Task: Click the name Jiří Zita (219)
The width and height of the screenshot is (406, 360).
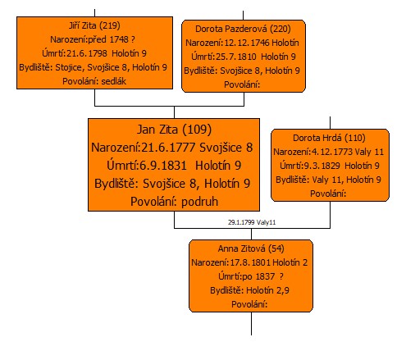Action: [x=94, y=25]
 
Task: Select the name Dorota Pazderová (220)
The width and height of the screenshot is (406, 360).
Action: [x=243, y=29]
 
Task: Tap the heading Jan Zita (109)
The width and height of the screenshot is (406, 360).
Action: [x=174, y=130]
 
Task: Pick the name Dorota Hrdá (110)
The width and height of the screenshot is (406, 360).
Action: [x=329, y=138]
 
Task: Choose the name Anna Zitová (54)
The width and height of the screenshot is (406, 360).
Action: [x=251, y=248]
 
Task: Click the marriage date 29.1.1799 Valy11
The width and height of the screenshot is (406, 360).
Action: [x=252, y=222]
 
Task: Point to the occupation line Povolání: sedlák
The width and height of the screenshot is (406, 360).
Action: [x=94, y=81]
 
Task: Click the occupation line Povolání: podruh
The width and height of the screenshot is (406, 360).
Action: [x=174, y=202]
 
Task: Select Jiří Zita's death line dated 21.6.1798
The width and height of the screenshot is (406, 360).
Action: [x=94, y=53]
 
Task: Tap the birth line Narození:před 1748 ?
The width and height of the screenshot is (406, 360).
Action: [x=93, y=39]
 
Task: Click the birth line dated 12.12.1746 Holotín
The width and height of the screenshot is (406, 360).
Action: [x=242, y=43]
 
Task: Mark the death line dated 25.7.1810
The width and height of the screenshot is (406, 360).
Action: [x=244, y=57]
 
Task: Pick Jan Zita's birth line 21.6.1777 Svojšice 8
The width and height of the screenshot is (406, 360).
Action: [x=172, y=148]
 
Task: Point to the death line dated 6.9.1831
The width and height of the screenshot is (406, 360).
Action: [x=174, y=166]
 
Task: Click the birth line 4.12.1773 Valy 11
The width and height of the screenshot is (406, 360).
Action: [x=329, y=152]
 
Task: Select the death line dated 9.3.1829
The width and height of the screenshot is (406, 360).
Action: [x=330, y=166]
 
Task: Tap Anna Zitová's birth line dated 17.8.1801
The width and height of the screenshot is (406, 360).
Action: [x=249, y=262]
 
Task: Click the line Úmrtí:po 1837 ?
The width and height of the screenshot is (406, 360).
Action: [x=251, y=276]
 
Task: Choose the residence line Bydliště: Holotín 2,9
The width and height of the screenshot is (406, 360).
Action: [x=249, y=290]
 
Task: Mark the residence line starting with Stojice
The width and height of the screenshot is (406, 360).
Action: [x=93, y=67]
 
